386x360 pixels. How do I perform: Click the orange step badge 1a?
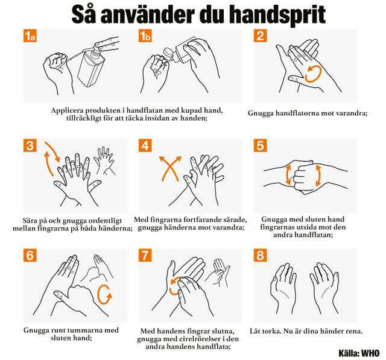[x=30, y=36]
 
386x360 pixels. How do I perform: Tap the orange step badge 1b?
[x=145, y=36]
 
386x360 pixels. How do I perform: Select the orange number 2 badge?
[x=260, y=36]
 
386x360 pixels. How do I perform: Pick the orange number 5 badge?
[x=260, y=145]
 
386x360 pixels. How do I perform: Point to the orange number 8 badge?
[x=260, y=255]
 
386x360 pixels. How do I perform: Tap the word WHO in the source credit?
[x=370, y=353]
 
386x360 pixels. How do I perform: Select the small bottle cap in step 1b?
[x=168, y=53]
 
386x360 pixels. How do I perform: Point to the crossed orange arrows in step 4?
[x=170, y=168]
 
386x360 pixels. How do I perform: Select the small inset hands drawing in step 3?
[x=104, y=160]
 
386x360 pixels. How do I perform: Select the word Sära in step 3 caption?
[x=31, y=220]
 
